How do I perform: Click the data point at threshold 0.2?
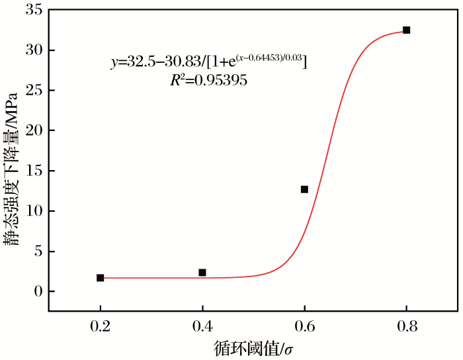[x=100, y=278]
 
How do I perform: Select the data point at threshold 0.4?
[x=202, y=273]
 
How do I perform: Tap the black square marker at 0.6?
[x=304, y=189]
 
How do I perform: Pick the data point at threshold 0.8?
[x=406, y=30]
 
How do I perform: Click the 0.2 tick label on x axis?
[x=100, y=326]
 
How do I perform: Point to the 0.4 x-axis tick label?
[x=202, y=326]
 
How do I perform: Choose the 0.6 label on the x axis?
[x=304, y=326]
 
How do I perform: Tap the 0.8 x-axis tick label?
[x=406, y=326]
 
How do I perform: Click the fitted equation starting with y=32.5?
[x=208, y=61]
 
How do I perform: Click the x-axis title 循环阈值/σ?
[x=253, y=348]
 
